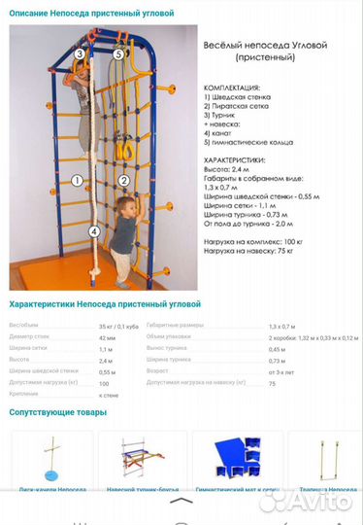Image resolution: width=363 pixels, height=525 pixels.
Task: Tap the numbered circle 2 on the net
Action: click(x=124, y=181)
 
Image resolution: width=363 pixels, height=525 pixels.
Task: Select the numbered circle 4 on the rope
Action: click(x=94, y=231)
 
